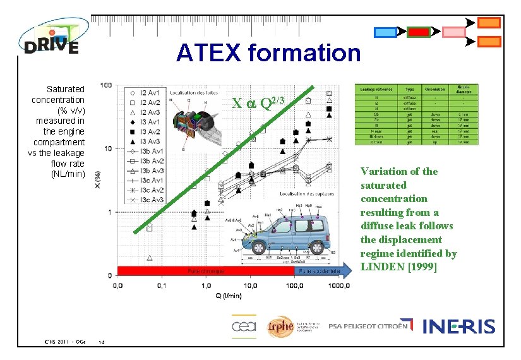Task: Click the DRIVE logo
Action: (51, 38)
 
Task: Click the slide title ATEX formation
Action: (268, 53)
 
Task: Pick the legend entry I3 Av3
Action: (147, 141)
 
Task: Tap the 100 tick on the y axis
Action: (107, 85)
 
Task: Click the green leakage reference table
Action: (417, 114)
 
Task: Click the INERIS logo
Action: (459, 326)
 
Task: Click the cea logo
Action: (244, 325)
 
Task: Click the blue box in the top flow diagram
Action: (385, 32)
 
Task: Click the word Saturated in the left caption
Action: (65, 89)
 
